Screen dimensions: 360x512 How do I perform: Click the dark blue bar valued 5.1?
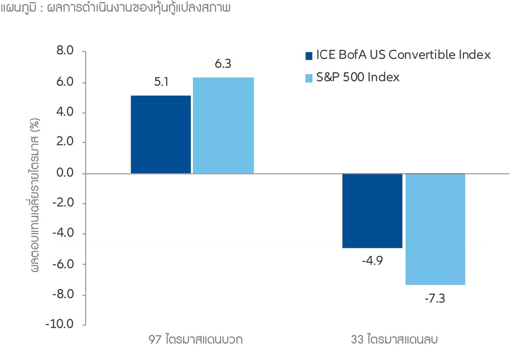[x=161, y=134]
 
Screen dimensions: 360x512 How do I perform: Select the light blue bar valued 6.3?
[x=223, y=126]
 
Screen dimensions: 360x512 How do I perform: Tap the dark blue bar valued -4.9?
[x=372, y=211]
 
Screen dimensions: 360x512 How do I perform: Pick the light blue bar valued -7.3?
[x=435, y=229]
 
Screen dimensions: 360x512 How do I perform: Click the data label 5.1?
[x=161, y=82]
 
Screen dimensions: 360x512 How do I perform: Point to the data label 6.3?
[x=223, y=64]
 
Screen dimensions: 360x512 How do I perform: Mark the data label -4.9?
[x=372, y=261]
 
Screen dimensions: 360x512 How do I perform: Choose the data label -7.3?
[x=435, y=299]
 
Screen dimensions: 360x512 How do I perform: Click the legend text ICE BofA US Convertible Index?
[x=403, y=55]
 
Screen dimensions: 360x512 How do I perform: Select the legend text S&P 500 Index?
[x=358, y=78]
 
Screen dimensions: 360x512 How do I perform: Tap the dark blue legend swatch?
[x=309, y=56]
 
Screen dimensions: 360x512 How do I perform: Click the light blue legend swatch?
[x=309, y=78]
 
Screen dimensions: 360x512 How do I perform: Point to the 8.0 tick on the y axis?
[x=65, y=51]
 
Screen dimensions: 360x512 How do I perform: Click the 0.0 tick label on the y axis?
[x=65, y=173]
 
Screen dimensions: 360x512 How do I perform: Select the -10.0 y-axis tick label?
[x=59, y=324]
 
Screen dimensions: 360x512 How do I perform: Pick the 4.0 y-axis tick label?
[x=65, y=112]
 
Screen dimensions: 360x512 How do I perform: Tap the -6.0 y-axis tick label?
[x=63, y=264]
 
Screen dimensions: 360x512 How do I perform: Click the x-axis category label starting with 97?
[x=196, y=340]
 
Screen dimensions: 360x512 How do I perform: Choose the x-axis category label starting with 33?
[x=394, y=340]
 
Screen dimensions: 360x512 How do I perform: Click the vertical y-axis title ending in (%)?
[x=35, y=195]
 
